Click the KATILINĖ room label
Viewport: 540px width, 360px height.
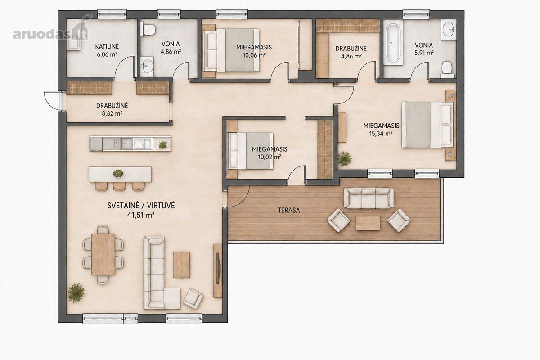[107, 46]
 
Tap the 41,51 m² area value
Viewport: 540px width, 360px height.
[141, 215]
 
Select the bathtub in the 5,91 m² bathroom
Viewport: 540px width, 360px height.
[393, 43]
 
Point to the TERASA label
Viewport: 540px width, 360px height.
[289, 210]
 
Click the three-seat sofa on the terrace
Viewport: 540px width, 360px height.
[369, 198]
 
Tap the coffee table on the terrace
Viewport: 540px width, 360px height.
[368, 223]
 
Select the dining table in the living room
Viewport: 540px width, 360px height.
[103, 254]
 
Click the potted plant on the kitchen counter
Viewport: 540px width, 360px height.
[163, 145]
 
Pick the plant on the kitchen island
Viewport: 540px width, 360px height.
[118, 173]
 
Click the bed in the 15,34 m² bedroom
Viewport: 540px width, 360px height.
[427, 125]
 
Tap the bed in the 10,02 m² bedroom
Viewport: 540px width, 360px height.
[251, 151]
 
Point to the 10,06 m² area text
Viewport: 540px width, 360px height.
[254, 55]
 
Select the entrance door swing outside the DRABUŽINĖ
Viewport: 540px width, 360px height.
[52, 101]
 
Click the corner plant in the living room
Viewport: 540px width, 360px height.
[76, 293]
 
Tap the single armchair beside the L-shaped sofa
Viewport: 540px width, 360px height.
[193, 298]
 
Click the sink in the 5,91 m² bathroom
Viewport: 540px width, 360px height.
[449, 30]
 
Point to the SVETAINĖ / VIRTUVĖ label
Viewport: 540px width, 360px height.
[141, 206]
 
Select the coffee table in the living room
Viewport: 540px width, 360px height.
[181, 265]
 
